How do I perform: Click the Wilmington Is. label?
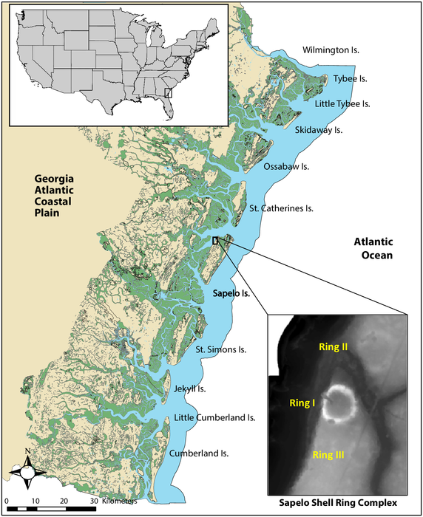[x=331, y=51]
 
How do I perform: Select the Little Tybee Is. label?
[x=342, y=104]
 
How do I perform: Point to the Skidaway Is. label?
[x=319, y=130]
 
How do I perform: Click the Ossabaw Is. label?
[x=286, y=167]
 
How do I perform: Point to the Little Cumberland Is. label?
[x=214, y=418]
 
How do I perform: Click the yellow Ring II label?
[x=333, y=346]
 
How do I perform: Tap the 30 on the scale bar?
[x=94, y=501]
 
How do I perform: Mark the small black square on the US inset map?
[x=168, y=92]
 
